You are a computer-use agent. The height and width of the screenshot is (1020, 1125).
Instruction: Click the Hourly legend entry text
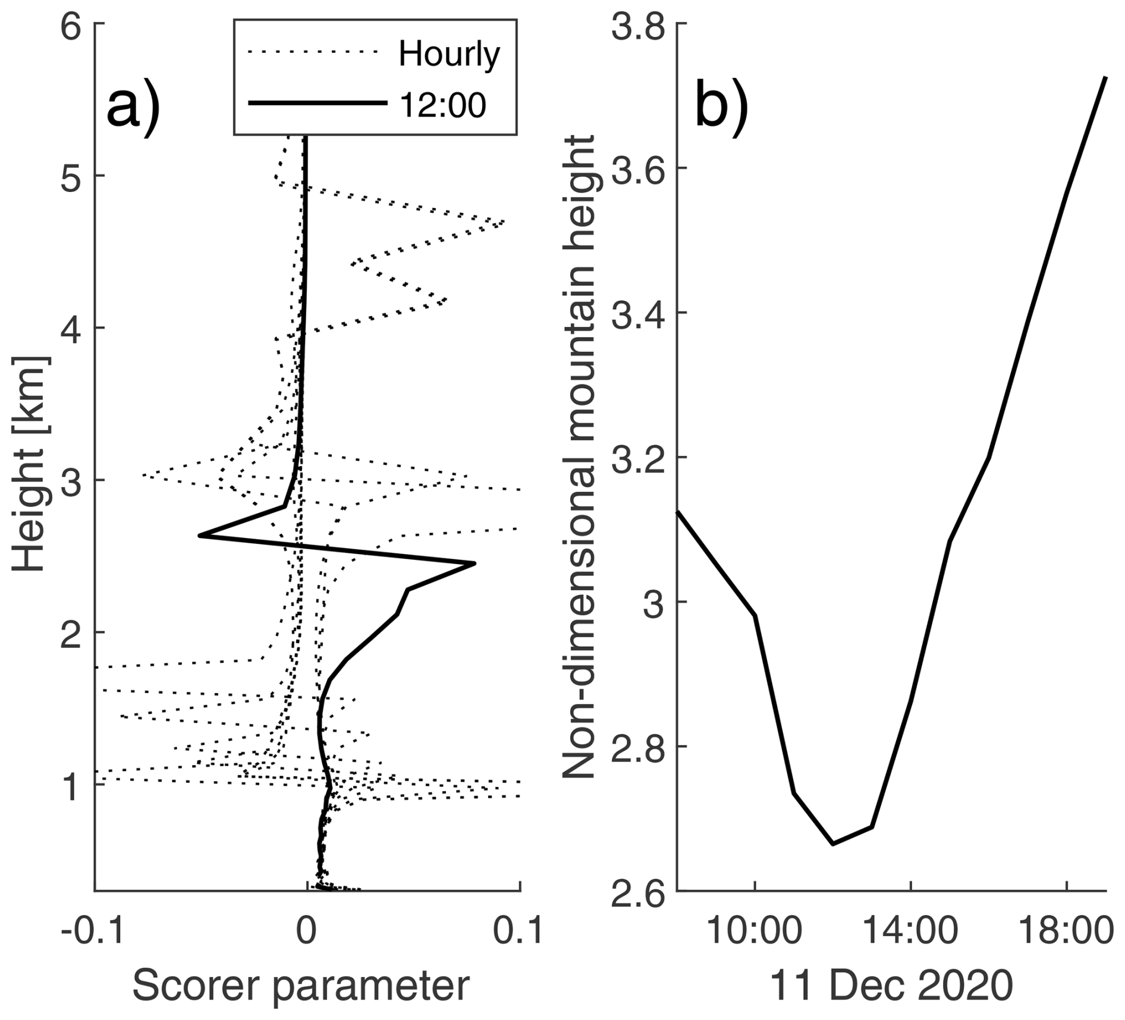(x=450, y=55)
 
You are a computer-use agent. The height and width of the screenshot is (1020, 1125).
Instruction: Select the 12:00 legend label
(x=443, y=105)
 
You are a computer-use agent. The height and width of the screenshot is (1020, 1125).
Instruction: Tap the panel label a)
(x=133, y=107)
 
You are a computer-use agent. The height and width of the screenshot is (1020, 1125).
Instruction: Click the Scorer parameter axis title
(x=301, y=986)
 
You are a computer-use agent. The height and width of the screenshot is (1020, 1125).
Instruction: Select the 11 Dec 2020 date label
(x=891, y=986)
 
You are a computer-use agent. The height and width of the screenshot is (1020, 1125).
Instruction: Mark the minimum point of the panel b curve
(x=832, y=843)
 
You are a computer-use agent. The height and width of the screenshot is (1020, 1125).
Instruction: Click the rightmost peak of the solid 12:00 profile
(x=474, y=563)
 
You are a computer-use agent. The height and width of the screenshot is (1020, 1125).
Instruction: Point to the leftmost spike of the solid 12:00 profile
(x=200, y=536)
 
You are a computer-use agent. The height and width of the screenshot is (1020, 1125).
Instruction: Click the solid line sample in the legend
(x=317, y=103)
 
